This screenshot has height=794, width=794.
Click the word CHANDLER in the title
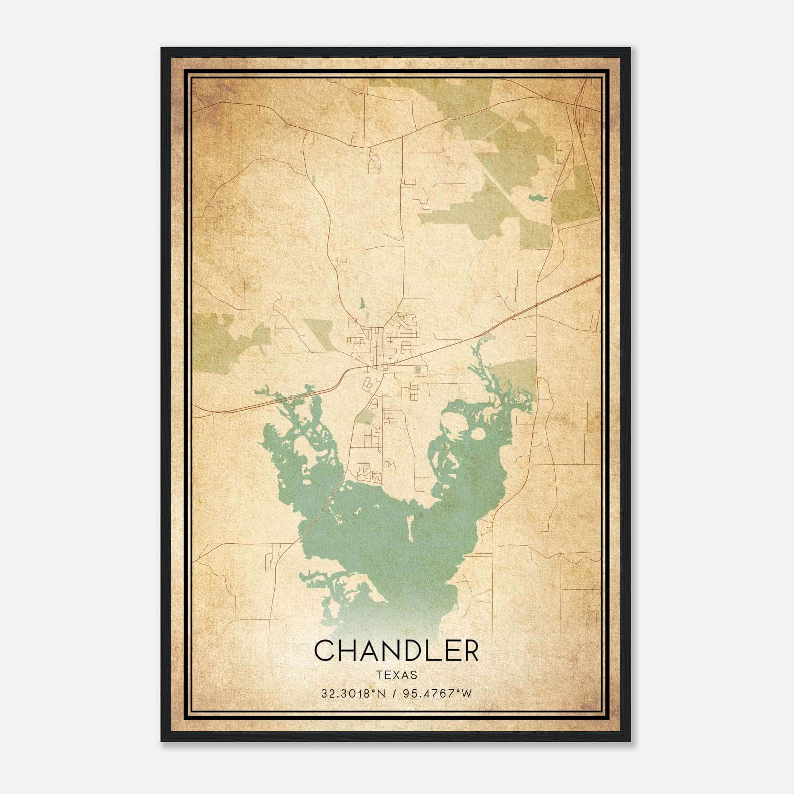[x=397, y=651]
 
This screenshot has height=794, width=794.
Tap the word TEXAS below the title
[x=397, y=675]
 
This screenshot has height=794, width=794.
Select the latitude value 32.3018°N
[x=352, y=694]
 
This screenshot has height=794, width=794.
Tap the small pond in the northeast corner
[x=537, y=198]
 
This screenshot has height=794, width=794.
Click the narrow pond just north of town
[x=362, y=303]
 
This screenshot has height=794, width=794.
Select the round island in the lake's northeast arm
[x=478, y=434]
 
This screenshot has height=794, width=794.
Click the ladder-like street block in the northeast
[x=564, y=151]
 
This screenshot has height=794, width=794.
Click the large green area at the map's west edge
[x=213, y=342]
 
